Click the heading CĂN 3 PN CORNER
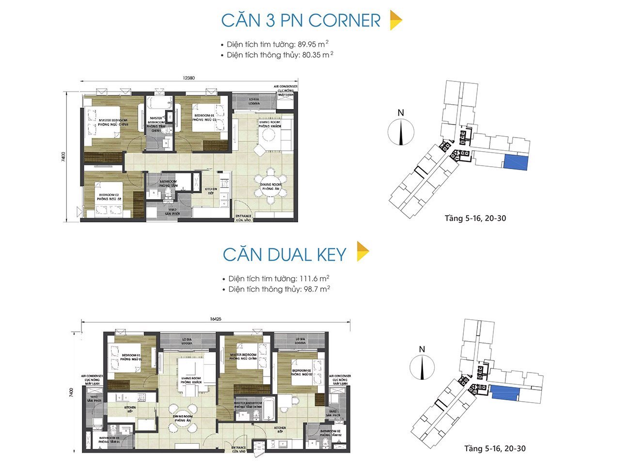click(x=300, y=21)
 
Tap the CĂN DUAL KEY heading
click(x=284, y=255)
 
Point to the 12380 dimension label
click(x=189, y=78)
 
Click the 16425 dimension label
click(x=216, y=319)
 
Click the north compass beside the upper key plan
click(x=401, y=132)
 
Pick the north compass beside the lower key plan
click(x=422, y=367)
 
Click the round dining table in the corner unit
click(x=271, y=186)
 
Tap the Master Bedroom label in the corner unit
click(x=113, y=123)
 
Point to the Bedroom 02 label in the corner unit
click(x=109, y=197)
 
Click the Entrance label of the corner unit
click(x=243, y=218)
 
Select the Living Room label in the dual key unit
click(x=191, y=380)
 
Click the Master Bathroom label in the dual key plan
click(x=248, y=405)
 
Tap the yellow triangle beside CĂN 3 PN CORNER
click(x=395, y=20)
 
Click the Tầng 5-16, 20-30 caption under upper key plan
click(x=475, y=219)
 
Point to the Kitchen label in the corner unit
click(x=211, y=191)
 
